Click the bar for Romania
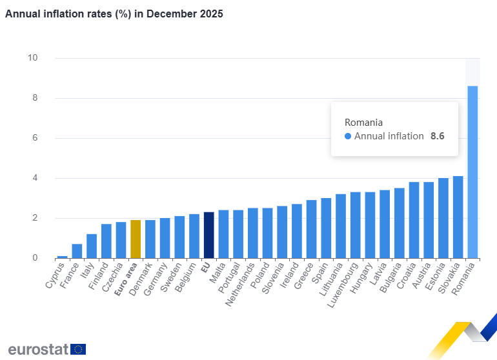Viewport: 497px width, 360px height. click(472, 172)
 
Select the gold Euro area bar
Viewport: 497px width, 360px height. click(136, 239)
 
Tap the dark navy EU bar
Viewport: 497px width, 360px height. click(208, 235)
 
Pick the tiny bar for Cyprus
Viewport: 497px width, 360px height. click(62, 257)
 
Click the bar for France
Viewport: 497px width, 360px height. click(77, 251)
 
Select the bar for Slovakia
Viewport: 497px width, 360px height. click(458, 217)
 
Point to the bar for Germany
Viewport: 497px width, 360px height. click(165, 238)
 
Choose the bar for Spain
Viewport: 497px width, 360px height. click(326, 228)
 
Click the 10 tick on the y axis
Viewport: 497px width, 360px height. click(32, 58)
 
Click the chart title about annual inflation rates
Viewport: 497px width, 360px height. click(114, 14)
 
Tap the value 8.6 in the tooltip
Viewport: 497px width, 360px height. click(438, 136)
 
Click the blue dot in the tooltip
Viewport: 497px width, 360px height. click(348, 136)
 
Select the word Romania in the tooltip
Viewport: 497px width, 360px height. click(363, 122)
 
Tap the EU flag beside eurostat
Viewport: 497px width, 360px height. click(79, 349)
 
